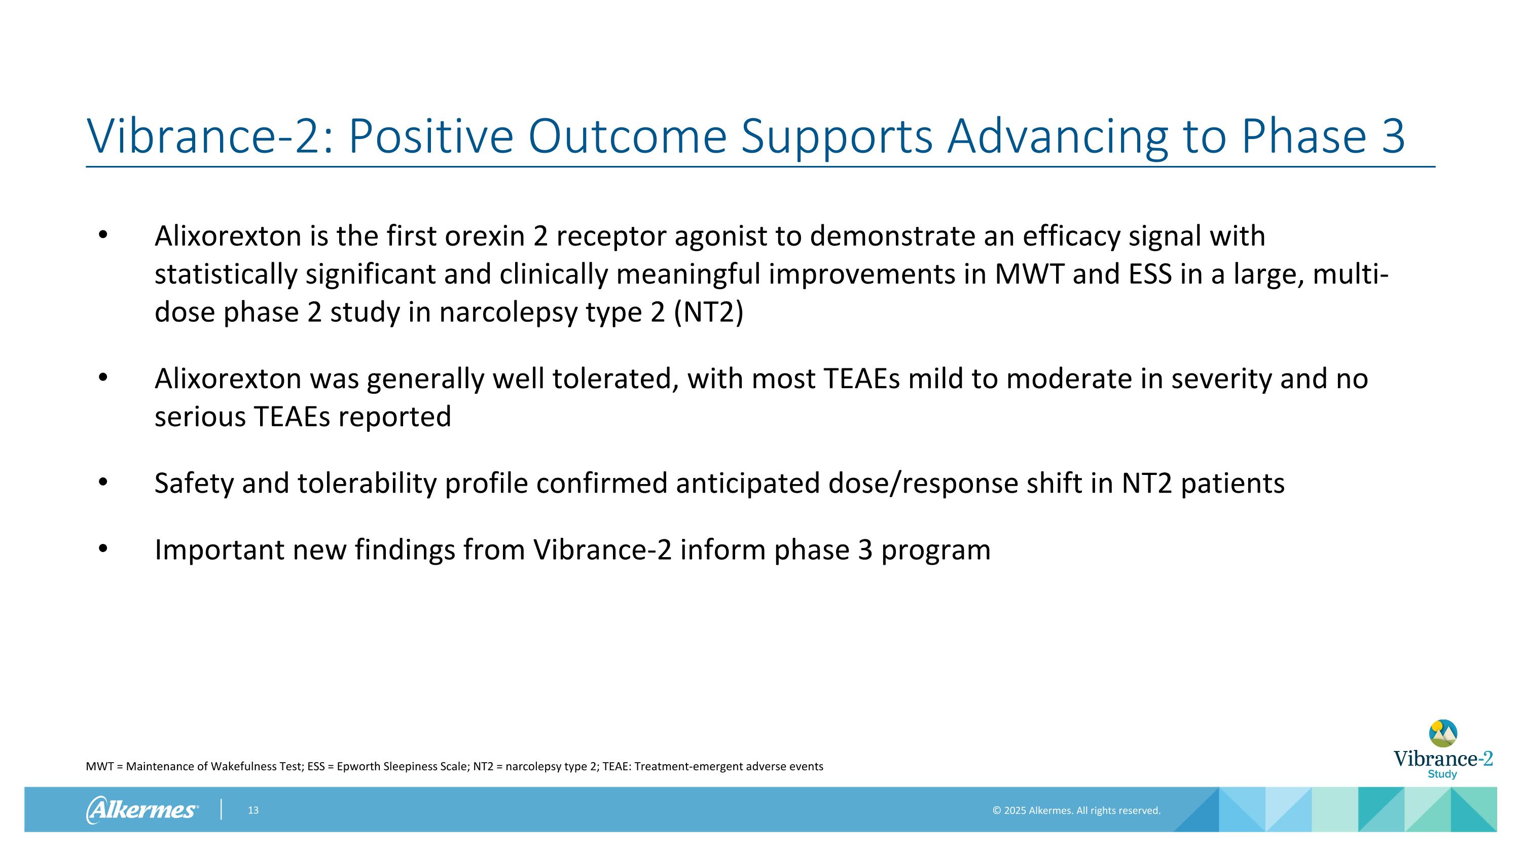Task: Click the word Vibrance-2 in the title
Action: tap(209, 136)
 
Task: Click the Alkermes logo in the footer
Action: tap(142, 809)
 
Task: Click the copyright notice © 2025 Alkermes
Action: tap(1076, 810)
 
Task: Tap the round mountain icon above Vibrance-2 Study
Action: tap(1442, 733)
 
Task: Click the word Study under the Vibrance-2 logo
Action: tap(1442, 774)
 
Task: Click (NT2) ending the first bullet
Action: tap(708, 313)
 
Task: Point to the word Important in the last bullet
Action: tap(219, 550)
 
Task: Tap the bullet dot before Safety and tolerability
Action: tap(103, 483)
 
